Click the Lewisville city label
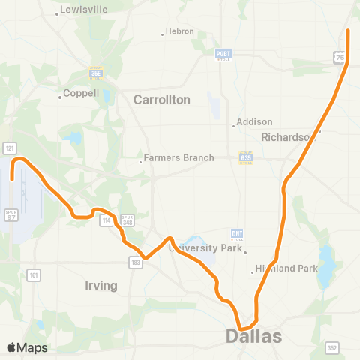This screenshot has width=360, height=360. (85, 10)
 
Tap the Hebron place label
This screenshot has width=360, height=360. (181, 31)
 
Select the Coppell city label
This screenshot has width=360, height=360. (81, 94)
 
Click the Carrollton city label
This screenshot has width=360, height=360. (161, 99)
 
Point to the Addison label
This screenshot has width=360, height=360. (254, 122)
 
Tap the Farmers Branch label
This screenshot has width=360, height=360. (178, 158)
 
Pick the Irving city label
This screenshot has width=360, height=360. (101, 286)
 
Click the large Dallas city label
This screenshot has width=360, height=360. (254, 335)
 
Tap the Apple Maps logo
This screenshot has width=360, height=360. (27, 347)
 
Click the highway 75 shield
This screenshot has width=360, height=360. (340, 58)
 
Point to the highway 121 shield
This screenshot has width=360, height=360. (10, 148)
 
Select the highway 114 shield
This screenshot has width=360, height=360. (106, 219)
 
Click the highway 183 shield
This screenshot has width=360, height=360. (135, 262)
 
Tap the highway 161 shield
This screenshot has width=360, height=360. (34, 276)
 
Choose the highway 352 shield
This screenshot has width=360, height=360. (331, 347)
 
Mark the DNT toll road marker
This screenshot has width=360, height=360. (237, 234)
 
